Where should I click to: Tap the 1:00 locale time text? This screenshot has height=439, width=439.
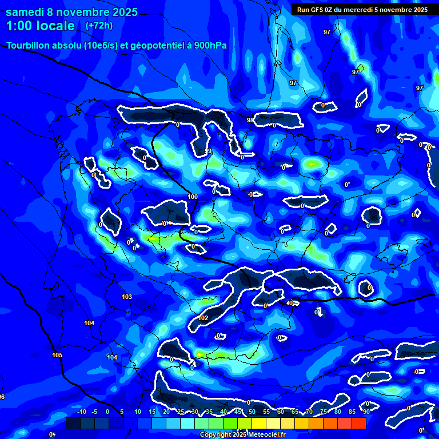pyautogui.click(x=41, y=26)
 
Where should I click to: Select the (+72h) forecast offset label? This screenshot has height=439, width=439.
pyautogui.click(x=99, y=26)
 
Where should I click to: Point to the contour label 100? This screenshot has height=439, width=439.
pyautogui.click(x=193, y=197)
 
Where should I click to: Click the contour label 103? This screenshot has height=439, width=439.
pyautogui.click(x=127, y=297)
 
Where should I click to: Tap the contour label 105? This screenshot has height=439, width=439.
pyautogui.click(x=57, y=355)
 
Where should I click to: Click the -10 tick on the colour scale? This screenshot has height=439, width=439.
pyautogui.click(x=81, y=412)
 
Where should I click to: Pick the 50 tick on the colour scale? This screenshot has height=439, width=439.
pyautogui.click(x=252, y=412)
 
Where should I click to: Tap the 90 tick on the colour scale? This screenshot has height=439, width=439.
pyautogui.click(x=366, y=412)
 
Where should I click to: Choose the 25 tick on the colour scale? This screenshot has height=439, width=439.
pyautogui.click(x=181, y=412)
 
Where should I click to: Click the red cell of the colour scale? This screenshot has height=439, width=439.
pyautogui.click(x=358, y=423)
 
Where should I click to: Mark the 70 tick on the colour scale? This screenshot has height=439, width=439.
pyautogui.click(x=309, y=412)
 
